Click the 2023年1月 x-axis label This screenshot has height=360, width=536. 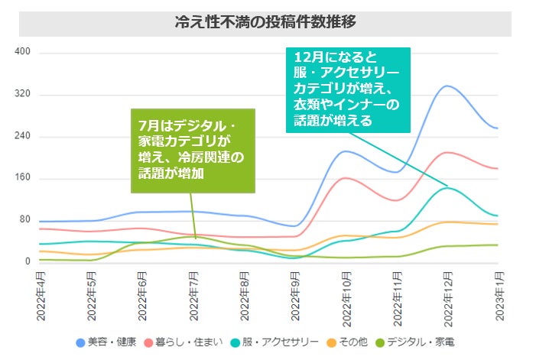(499, 295)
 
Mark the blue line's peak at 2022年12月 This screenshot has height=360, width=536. (448, 86)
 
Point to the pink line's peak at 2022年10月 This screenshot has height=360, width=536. (346, 178)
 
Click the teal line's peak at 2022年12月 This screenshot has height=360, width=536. (448, 187)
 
